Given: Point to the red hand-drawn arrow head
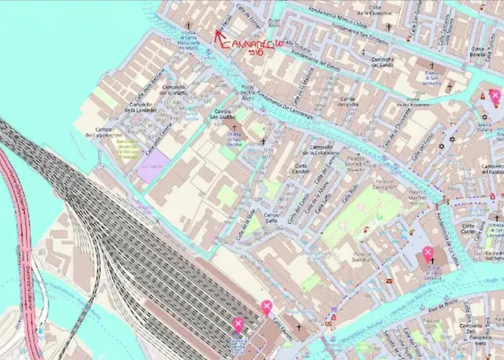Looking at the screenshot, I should click(217, 32).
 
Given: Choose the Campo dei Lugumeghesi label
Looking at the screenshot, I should click(103, 132).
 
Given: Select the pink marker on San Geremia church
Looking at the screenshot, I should click(428, 252).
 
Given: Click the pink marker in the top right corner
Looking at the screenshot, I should click(495, 95).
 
